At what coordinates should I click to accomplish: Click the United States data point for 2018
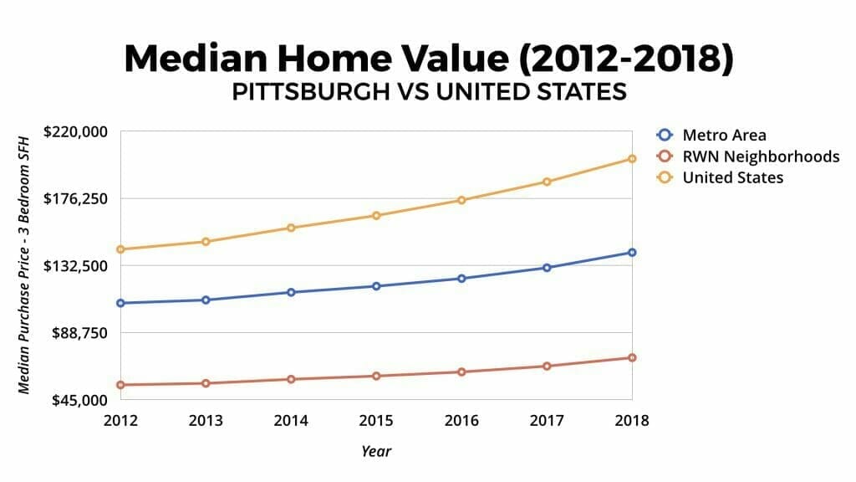(632, 159)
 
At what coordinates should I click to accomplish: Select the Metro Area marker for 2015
(376, 286)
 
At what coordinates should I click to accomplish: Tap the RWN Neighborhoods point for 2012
(120, 385)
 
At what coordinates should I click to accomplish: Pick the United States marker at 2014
(291, 228)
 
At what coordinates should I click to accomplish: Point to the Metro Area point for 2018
(632, 253)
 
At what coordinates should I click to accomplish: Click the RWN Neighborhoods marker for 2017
(547, 367)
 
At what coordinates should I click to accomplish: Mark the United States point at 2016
(461, 200)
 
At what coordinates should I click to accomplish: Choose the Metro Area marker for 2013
(206, 300)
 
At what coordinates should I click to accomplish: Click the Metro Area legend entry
(723, 135)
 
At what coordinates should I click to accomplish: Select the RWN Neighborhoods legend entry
(760, 156)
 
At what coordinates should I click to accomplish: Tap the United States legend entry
(732, 177)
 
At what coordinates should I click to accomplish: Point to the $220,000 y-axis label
(78, 131)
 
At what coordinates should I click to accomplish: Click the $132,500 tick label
(78, 266)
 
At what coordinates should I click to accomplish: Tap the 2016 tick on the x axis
(461, 420)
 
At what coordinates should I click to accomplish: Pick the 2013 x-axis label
(206, 420)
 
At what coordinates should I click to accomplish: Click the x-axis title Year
(376, 451)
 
